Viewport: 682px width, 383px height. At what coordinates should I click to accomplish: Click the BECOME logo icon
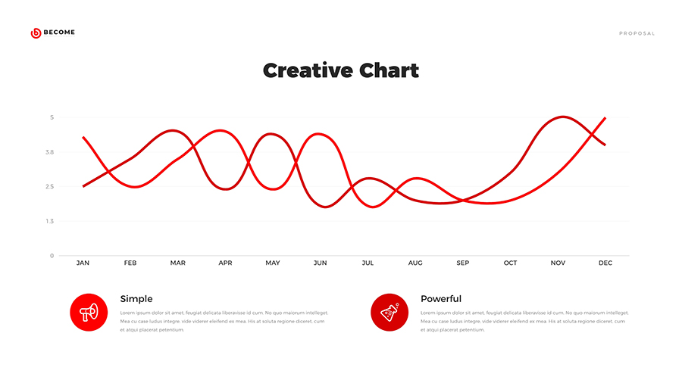point(36,33)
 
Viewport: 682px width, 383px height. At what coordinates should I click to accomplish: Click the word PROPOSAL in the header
point(637,33)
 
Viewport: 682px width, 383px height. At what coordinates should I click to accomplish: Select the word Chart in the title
point(389,71)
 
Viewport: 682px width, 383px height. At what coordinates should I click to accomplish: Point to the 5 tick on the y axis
point(52,117)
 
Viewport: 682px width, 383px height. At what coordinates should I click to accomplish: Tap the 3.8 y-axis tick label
point(50,152)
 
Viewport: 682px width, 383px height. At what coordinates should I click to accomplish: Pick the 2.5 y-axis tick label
point(50,187)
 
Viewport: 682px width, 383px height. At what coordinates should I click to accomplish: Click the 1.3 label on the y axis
point(50,221)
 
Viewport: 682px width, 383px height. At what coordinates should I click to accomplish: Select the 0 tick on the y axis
point(52,256)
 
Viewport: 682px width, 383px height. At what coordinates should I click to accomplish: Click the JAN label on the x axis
point(83,263)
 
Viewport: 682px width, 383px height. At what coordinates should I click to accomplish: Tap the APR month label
point(226,263)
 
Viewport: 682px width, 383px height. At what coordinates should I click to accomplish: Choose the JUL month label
point(368,263)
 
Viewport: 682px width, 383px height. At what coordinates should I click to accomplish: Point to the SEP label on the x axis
point(463,263)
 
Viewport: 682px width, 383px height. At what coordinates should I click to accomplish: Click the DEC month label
point(605,263)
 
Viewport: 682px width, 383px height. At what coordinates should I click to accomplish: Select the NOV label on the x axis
point(558,263)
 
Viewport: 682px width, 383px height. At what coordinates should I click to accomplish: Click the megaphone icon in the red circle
point(89,312)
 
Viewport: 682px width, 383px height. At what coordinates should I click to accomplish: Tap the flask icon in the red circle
point(389,312)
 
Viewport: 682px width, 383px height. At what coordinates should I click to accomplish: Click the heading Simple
point(136,299)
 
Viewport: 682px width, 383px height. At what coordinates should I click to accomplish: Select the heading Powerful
point(441,299)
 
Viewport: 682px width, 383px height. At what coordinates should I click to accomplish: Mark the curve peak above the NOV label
point(562,117)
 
